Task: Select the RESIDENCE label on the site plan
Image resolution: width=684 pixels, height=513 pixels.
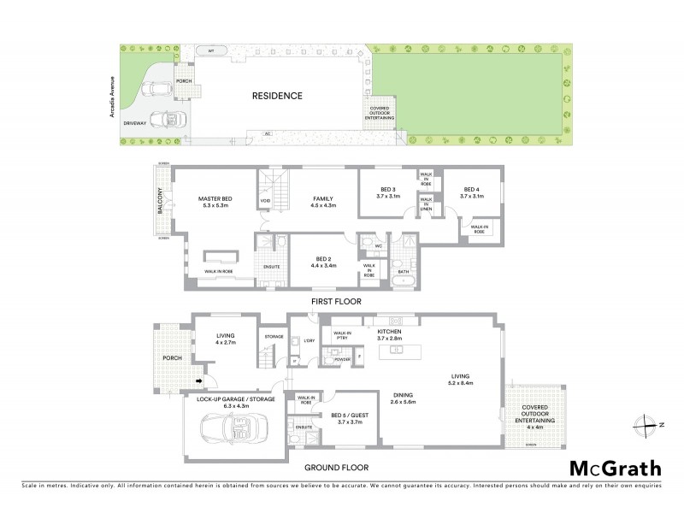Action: pyautogui.click(x=277, y=96)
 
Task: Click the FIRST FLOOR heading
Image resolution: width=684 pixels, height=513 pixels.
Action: pyautogui.click(x=337, y=301)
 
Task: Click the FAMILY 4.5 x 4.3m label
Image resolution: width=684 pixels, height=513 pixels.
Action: pyautogui.click(x=324, y=202)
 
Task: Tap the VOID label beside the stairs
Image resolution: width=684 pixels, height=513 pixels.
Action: pyautogui.click(x=265, y=202)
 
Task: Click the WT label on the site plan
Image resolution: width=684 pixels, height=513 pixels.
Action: pyautogui.click(x=210, y=51)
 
